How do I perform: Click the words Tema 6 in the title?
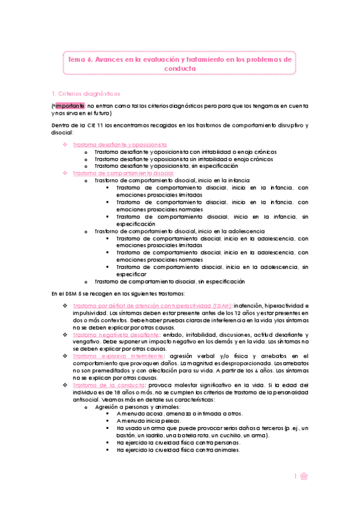click(x=79, y=60)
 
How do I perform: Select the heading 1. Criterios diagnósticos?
click(x=86, y=93)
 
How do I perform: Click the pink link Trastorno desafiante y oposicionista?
click(x=120, y=145)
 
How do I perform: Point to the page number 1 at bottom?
click(x=296, y=476)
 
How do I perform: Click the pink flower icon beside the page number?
click(x=305, y=476)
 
